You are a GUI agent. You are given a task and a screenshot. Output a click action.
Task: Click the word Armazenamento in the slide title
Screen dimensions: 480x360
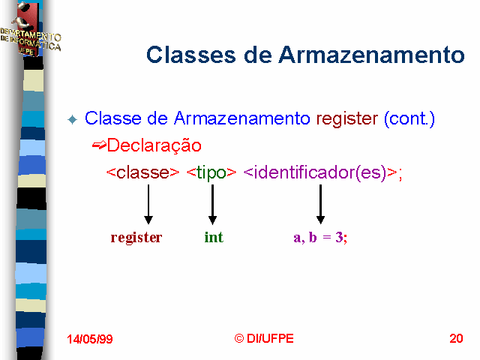[x=372, y=55]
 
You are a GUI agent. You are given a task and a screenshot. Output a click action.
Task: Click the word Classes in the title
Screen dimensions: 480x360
[x=191, y=55]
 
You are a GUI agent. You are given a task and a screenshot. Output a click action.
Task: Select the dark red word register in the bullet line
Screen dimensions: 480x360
[x=346, y=119]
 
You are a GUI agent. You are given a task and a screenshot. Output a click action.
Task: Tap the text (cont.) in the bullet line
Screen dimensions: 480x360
[x=409, y=118]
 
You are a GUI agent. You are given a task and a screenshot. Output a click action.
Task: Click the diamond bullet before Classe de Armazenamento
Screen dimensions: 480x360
[x=73, y=119]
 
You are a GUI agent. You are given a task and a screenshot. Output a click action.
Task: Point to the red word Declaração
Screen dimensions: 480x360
[x=154, y=145]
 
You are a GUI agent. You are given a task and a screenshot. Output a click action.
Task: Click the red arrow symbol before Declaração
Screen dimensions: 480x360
[x=99, y=145]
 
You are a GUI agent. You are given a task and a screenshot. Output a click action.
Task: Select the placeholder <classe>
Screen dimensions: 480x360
[x=142, y=172]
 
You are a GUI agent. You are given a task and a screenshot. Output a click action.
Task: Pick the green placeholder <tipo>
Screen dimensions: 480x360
[x=211, y=173]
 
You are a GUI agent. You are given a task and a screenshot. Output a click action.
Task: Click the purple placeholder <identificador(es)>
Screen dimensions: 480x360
[x=320, y=173]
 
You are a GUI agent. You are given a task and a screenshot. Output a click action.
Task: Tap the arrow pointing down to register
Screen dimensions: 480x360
[x=148, y=205]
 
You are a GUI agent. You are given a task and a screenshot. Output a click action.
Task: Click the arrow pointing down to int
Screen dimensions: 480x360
[x=212, y=205]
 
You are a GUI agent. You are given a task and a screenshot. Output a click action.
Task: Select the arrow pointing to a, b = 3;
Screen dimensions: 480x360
[x=320, y=205]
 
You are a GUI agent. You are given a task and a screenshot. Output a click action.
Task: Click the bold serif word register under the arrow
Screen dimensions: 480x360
[x=136, y=238]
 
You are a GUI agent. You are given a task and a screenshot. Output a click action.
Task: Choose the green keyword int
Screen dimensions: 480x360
[x=214, y=237]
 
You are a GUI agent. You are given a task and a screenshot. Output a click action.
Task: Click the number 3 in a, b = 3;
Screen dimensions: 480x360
[x=339, y=237]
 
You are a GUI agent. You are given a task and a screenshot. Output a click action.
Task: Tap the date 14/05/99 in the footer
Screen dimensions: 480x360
[x=90, y=339]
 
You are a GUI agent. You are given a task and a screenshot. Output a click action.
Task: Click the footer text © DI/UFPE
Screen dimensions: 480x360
[x=264, y=338]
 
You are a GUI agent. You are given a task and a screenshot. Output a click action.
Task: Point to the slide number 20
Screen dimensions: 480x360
[x=456, y=338]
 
